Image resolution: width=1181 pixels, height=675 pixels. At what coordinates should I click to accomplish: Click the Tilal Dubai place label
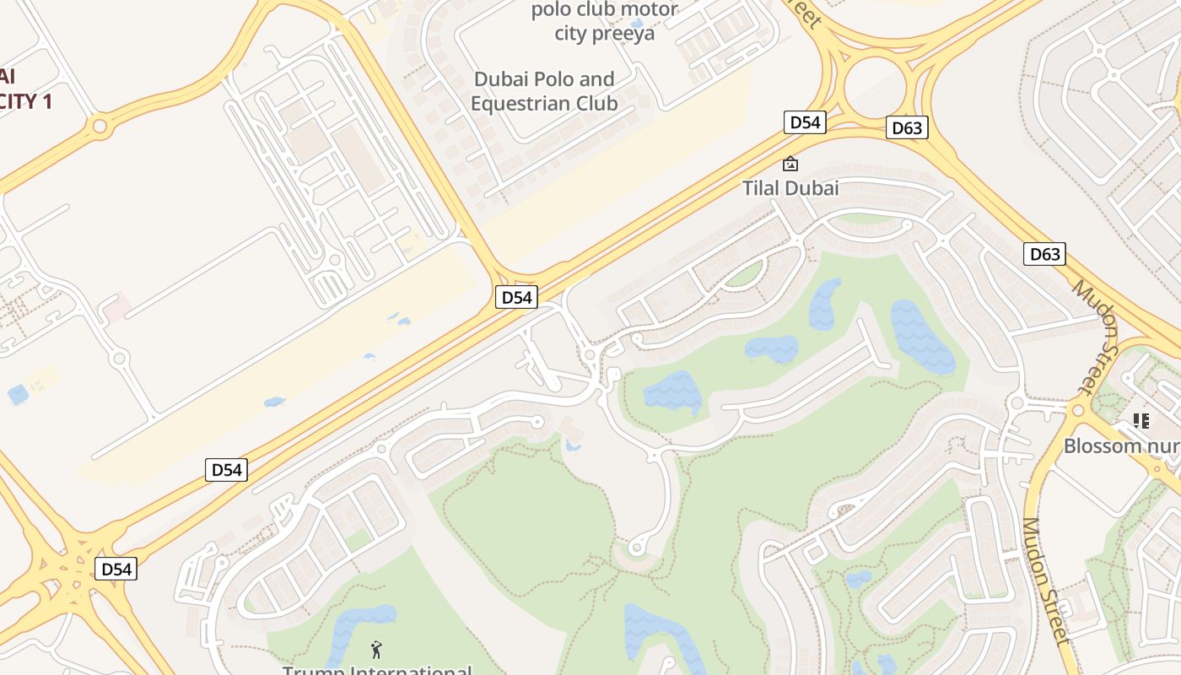790,187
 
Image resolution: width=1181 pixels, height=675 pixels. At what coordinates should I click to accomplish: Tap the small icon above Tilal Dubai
790,164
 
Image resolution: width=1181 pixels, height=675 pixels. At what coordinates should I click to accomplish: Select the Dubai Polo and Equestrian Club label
544,91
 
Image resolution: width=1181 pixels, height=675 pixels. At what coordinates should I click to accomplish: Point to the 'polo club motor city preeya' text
604,22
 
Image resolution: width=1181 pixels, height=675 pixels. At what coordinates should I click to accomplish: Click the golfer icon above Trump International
376,649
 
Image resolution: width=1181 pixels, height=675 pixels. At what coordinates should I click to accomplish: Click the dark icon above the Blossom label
1141,420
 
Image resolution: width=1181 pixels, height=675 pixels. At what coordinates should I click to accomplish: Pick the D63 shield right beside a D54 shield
907,127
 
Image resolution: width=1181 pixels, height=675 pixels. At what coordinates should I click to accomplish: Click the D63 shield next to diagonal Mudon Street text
1044,253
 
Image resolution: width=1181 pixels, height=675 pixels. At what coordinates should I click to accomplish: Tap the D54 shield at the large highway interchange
116,569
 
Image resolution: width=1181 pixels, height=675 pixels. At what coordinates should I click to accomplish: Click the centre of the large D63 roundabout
875,85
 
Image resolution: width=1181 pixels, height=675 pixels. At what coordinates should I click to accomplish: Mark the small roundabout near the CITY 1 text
100,127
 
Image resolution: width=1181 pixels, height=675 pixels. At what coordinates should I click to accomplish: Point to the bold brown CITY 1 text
25,101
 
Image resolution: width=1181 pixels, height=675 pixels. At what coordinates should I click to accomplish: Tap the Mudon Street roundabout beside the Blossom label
1076,411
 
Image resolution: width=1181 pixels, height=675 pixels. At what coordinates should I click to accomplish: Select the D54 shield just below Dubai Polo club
516,297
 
